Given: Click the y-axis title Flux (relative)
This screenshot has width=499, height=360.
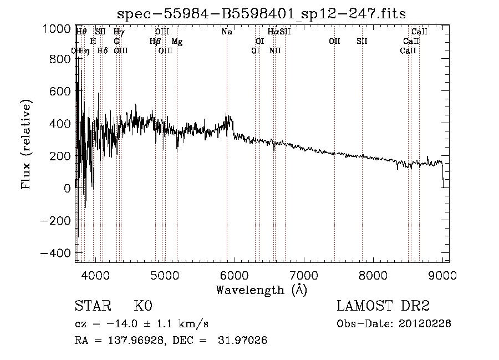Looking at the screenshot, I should pyautogui.click(x=27, y=144).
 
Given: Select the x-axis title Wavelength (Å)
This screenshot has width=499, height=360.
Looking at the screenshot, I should pyautogui.click(x=261, y=290).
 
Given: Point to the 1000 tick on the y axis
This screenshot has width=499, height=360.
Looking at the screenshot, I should pyautogui.click(x=58, y=29).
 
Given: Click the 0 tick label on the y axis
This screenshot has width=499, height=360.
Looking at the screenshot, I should pyautogui.click(x=67, y=189).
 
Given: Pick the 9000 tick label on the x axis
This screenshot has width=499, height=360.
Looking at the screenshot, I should pyautogui.click(x=442, y=275).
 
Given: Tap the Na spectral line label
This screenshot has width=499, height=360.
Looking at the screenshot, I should pyautogui.click(x=227, y=32).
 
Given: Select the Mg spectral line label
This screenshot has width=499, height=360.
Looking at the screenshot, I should pyautogui.click(x=177, y=42).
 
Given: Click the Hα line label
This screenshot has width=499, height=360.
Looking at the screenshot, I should pyautogui.click(x=273, y=32).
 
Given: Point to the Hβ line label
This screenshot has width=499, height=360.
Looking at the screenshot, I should pyautogui.click(x=155, y=42).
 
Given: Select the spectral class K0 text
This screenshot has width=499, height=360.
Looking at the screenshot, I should pyautogui.click(x=143, y=306).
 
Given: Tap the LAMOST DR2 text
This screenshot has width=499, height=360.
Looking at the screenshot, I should pyautogui.click(x=383, y=306).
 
